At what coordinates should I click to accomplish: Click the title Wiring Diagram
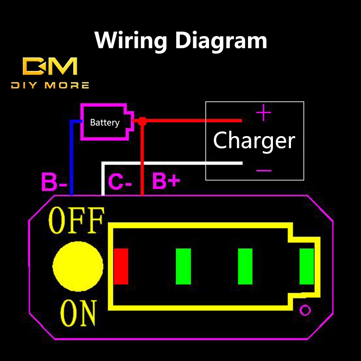coord(180,40)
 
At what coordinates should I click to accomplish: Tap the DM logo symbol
coord(50,66)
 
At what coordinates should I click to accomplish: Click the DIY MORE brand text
coord(50,86)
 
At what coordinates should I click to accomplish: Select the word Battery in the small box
coord(105,123)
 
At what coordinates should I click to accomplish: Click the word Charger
coord(254,140)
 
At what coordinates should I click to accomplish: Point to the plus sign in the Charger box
coord(264,113)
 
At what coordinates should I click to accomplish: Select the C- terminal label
coord(120,182)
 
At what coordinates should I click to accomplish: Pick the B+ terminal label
coord(166,182)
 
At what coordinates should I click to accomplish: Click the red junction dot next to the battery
coord(142,121)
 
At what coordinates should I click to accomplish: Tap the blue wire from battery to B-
coord(71,159)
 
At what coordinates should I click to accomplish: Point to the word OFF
coord(77,220)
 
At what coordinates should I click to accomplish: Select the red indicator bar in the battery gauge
coord(121,266)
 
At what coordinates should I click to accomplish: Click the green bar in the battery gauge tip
coord(306,266)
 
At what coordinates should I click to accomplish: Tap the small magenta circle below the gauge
coord(305,310)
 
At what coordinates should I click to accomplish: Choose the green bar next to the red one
coord(183,266)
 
